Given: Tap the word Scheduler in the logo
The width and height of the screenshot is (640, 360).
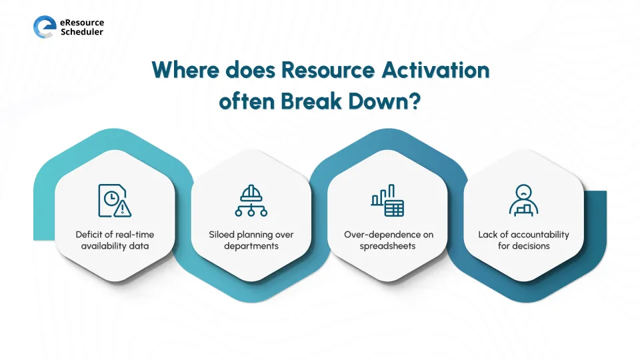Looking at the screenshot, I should (82, 32).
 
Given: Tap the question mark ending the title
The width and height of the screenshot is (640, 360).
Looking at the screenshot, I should (414, 103).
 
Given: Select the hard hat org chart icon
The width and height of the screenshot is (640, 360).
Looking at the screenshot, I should (251, 200).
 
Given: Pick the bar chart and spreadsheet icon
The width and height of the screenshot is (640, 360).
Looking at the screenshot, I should (387, 201).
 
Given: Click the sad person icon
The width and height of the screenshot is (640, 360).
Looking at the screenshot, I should (523, 200).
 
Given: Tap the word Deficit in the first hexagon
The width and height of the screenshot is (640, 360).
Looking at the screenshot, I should (89, 235).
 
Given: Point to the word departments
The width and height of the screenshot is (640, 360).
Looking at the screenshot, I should (251, 246).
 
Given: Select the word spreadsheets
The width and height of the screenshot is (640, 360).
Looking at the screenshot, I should (387, 246).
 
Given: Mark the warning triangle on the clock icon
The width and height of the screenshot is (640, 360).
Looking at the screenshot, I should (123, 209).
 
